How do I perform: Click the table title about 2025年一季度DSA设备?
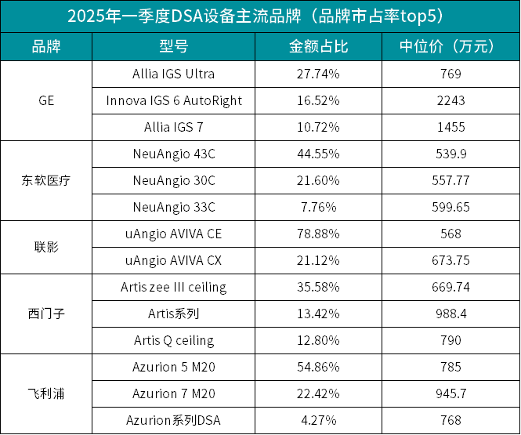(260, 16)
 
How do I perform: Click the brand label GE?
(46, 100)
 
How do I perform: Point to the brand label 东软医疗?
(46, 180)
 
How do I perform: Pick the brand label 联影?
(46, 247)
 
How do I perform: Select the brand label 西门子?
(46, 314)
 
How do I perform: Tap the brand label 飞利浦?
(46, 393)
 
